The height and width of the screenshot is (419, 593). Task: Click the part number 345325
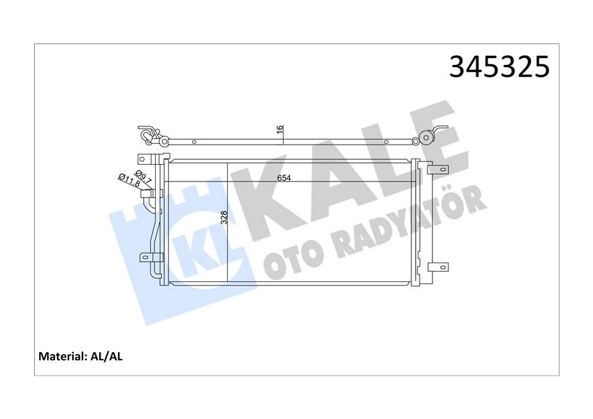click(x=501, y=67)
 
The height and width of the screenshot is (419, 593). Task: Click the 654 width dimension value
click(x=282, y=178)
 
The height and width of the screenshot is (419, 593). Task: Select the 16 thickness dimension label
click(x=279, y=130)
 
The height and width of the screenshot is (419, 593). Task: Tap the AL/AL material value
click(x=107, y=356)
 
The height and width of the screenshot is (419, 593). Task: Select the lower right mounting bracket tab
click(x=438, y=266)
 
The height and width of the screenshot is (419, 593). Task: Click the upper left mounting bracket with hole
click(x=144, y=159)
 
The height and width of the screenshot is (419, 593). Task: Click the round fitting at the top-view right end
click(x=425, y=137)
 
